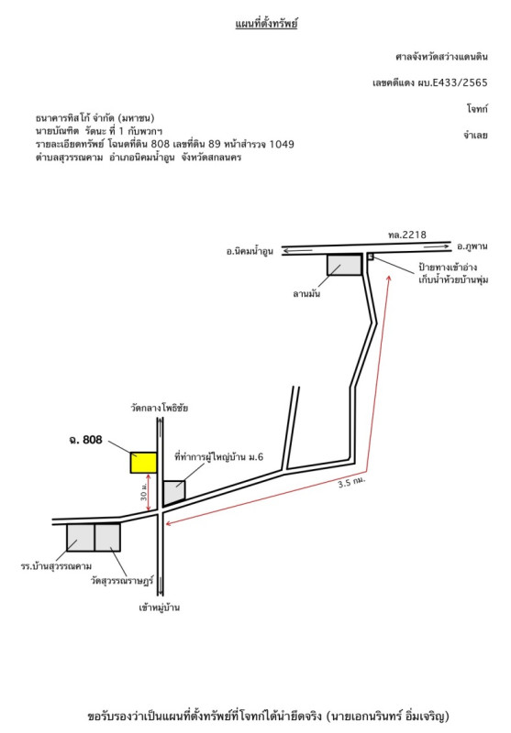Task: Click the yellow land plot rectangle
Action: (143, 463)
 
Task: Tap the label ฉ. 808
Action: (85, 440)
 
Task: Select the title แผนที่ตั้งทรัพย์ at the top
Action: (266, 24)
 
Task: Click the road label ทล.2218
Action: (407, 235)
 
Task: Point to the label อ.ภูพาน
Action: (472, 246)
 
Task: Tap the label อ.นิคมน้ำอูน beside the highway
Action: (250, 251)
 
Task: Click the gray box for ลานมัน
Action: (344, 265)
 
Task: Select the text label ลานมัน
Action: (306, 293)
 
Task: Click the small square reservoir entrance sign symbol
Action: (370, 257)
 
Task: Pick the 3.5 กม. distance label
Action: (351, 482)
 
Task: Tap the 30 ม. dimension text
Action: (144, 492)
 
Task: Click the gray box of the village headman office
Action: (174, 492)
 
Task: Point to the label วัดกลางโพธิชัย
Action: (159, 408)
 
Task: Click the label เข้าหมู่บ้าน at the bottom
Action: (159, 607)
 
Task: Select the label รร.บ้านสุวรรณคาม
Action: (56, 566)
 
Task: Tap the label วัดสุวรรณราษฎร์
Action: (122, 581)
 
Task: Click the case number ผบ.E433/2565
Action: (452, 82)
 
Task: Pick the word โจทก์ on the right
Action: (477, 109)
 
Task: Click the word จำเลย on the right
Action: (475, 136)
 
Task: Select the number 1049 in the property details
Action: (282, 144)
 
